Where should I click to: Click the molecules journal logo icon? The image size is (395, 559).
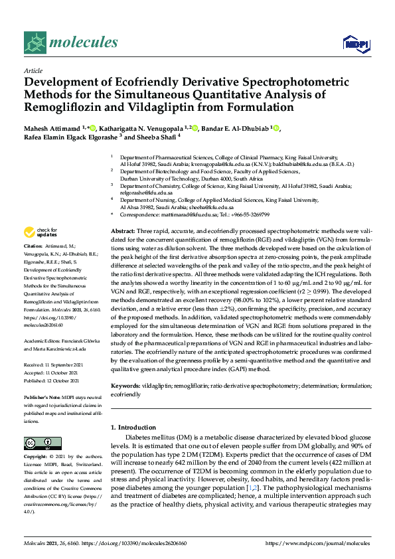pos(35,43)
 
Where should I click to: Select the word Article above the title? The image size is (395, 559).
pos(33,70)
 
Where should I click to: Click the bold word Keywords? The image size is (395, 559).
pos(125,385)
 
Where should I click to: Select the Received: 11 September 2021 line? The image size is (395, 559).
pos(55,364)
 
